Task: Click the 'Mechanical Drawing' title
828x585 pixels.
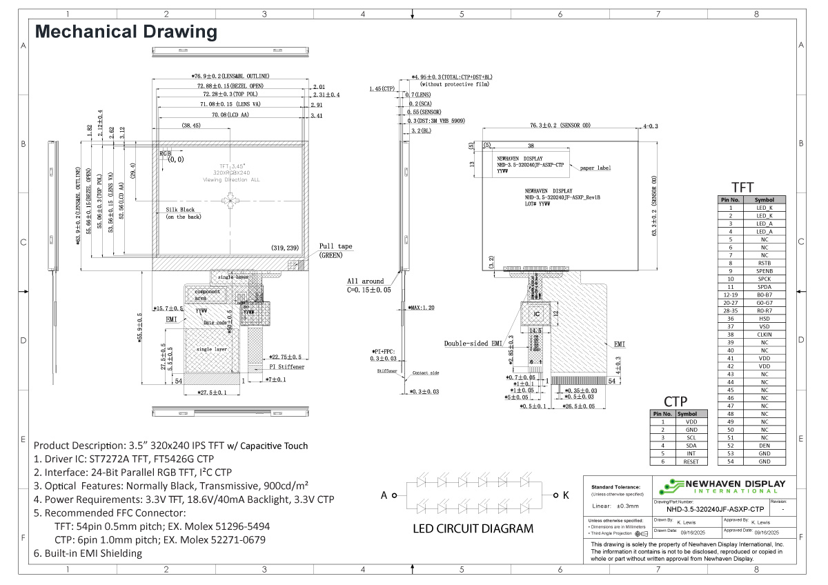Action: tap(126, 32)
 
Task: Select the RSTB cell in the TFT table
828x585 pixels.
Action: tap(764, 263)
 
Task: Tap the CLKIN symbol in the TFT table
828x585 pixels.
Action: tap(764, 334)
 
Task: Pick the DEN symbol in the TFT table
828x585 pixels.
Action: tap(764, 445)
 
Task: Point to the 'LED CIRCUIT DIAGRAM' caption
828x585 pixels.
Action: tap(473, 529)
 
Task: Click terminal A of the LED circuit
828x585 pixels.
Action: tap(385, 495)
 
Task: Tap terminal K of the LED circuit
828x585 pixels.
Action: tap(565, 495)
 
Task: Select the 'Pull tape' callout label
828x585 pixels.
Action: tap(335, 246)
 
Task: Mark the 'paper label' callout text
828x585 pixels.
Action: tap(595, 168)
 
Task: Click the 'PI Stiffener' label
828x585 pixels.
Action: tap(286, 367)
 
